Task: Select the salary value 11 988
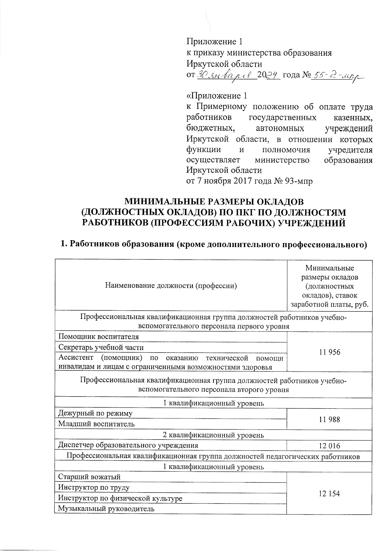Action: point(329,419)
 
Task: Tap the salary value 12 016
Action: point(329,445)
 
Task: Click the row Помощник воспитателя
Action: point(98,337)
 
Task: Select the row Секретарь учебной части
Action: point(101,347)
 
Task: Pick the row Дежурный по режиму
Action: point(95,414)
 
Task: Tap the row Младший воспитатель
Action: point(96,424)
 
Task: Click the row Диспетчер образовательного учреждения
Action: point(128,445)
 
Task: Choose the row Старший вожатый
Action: point(89,477)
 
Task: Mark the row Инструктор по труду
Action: point(94,488)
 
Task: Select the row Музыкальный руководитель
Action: point(106,509)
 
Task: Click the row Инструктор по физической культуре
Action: point(120,498)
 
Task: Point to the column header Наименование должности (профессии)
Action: point(171,286)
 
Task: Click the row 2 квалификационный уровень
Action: point(213,435)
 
